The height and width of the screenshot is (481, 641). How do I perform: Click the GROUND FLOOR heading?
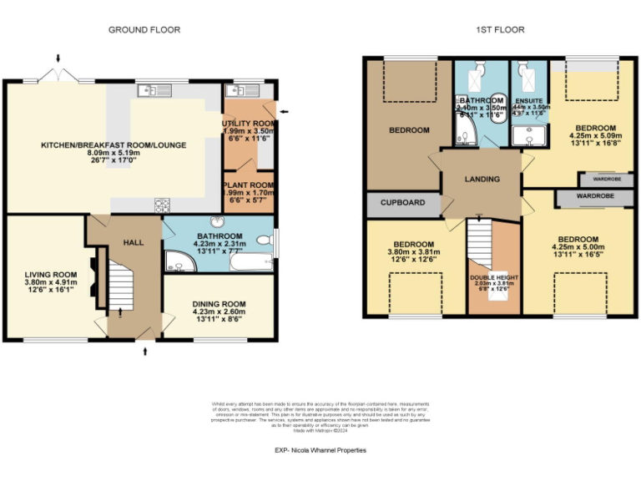point(144,30)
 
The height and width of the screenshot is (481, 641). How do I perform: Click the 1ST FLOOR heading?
point(500,30)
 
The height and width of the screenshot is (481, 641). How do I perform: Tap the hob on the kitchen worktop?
point(161,204)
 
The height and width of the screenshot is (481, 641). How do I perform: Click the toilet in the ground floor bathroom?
point(265,241)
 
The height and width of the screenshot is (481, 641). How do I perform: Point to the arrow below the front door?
point(147,352)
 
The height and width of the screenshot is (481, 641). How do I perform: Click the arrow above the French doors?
point(58,58)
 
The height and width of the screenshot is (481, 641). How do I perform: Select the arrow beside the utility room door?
point(285,110)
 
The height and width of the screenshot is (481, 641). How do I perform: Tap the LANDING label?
point(482,180)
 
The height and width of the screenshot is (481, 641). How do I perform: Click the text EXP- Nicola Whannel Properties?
point(320,451)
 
